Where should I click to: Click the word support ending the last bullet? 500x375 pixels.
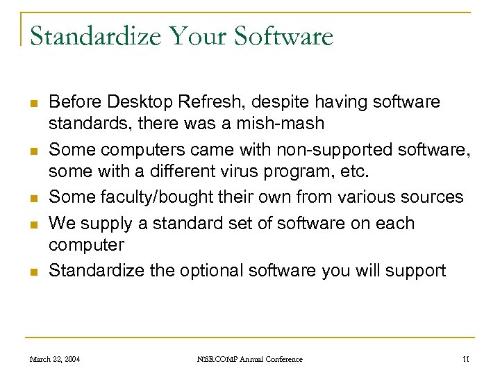[418, 270]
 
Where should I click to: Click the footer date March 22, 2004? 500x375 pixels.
[54, 359]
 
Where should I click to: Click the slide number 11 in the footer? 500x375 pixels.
[465, 359]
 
